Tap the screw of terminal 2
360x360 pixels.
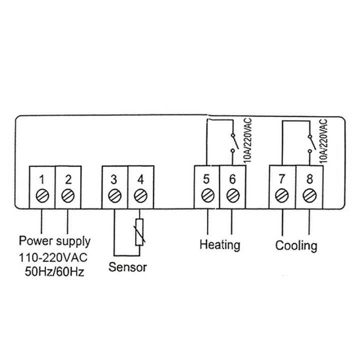[67, 194]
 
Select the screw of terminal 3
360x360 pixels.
[114, 194]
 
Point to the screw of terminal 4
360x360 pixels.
[140, 194]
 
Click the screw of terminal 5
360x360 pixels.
[206, 194]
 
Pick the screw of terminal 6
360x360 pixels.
[232, 194]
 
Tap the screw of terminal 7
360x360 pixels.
[282, 194]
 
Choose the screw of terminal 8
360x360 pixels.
[308, 194]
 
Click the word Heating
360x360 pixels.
[219, 245]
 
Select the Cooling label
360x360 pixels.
[296, 245]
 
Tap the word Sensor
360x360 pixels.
[128, 267]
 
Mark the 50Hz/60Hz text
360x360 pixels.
[53, 272]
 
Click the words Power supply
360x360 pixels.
[54, 241]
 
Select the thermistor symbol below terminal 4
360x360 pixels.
[140, 232]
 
